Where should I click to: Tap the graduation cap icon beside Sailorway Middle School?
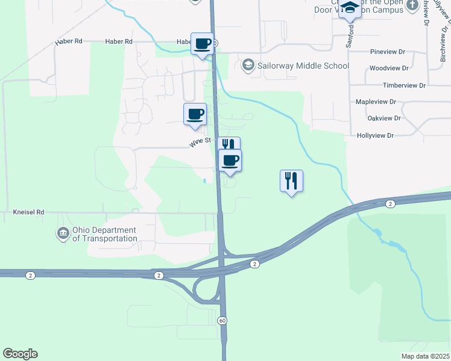click(247, 64)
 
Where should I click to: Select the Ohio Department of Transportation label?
click(104, 234)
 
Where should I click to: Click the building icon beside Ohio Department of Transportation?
click(63, 233)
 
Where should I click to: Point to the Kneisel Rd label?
click(29, 212)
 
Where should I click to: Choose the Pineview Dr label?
click(389, 52)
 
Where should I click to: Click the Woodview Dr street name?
click(389, 69)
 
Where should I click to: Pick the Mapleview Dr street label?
click(376, 102)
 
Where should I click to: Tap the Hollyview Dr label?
click(375, 136)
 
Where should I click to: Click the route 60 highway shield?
click(223, 321)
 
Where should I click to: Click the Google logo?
click(20, 354)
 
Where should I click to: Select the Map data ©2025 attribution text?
click(425, 356)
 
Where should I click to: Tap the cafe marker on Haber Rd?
click(202, 44)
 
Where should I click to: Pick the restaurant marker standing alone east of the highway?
click(291, 180)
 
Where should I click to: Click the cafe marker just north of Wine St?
click(195, 114)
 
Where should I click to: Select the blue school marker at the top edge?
click(350, 8)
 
